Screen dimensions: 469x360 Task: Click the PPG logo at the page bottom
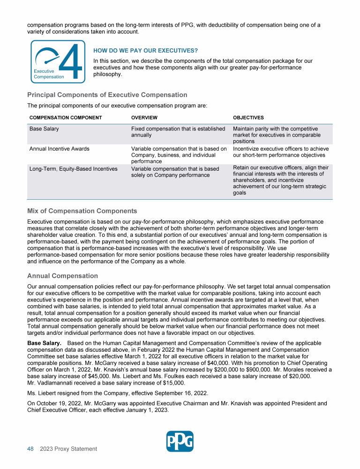click(x=180, y=441)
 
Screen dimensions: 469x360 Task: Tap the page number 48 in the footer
click(x=30, y=449)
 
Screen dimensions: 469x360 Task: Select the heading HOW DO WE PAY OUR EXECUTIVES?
click(x=145, y=51)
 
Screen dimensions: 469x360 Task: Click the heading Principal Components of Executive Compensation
click(x=107, y=95)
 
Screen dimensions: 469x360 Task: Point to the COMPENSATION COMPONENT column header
click(x=66, y=118)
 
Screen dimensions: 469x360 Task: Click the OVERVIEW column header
click(x=144, y=118)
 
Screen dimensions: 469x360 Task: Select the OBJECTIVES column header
click(x=248, y=118)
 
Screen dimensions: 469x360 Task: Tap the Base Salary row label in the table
click(x=44, y=129)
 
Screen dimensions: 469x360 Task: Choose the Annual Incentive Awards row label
click(x=59, y=149)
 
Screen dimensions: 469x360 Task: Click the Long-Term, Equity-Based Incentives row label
click(x=74, y=169)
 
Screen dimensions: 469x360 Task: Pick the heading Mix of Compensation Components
click(x=82, y=211)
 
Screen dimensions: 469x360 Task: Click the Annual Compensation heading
click(x=62, y=276)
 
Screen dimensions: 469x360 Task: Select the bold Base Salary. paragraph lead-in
click(x=45, y=344)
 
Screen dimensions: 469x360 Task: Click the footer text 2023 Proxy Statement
click(x=68, y=449)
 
